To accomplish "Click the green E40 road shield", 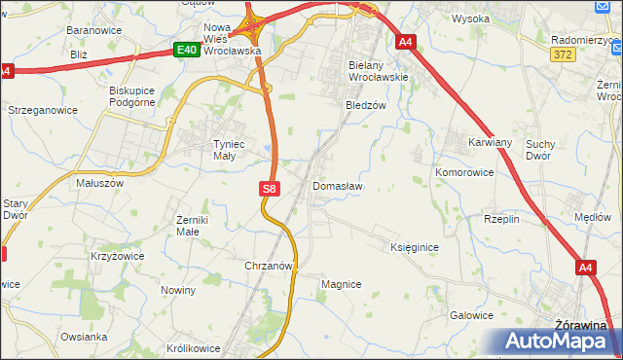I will (x=188, y=50).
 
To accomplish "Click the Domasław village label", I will (x=338, y=186).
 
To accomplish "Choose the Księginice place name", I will (x=415, y=248).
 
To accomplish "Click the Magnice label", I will (x=341, y=284).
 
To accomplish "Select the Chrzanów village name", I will (x=269, y=265).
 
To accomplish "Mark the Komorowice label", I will (x=463, y=171).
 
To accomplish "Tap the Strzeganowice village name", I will (x=42, y=111).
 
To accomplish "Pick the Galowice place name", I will (x=471, y=315).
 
